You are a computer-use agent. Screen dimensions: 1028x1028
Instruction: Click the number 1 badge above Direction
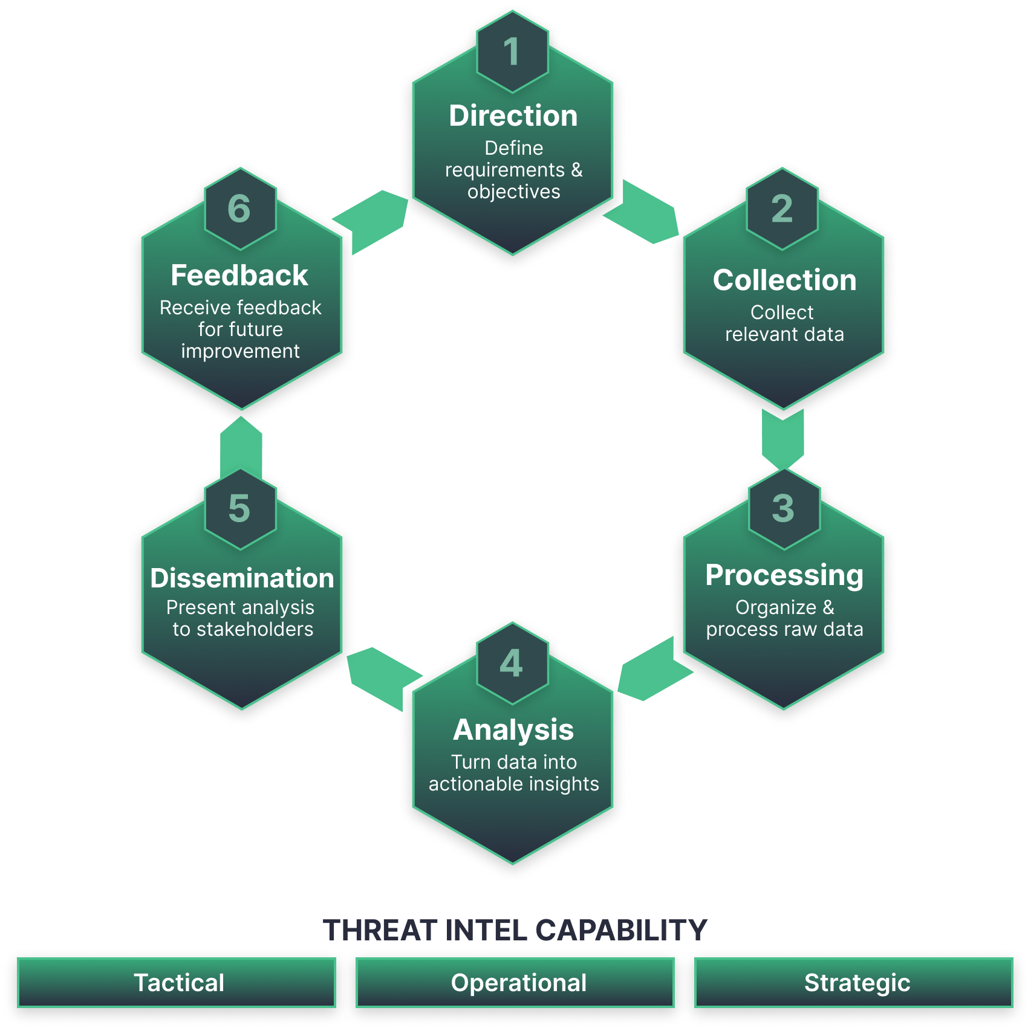tap(512, 52)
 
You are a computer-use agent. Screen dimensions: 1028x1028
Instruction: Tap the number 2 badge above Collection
tap(782, 209)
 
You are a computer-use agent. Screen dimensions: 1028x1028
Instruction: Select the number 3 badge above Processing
tap(784, 509)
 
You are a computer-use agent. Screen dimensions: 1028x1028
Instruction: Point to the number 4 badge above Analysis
tap(512, 664)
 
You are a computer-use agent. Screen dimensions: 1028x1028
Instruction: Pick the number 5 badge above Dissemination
tap(240, 509)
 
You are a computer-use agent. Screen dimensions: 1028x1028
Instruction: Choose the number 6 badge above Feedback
tap(240, 209)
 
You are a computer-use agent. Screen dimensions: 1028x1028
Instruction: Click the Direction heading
tap(513, 116)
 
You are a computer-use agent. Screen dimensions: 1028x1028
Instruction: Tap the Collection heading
tap(784, 280)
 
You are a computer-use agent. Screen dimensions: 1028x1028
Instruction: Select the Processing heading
tap(784, 575)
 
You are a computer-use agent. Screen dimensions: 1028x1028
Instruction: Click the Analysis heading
tap(513, 730)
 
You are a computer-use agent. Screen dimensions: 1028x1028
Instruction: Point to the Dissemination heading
tap(242, 578)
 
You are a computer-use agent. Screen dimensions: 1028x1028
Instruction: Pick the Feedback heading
tap(239, 276)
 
